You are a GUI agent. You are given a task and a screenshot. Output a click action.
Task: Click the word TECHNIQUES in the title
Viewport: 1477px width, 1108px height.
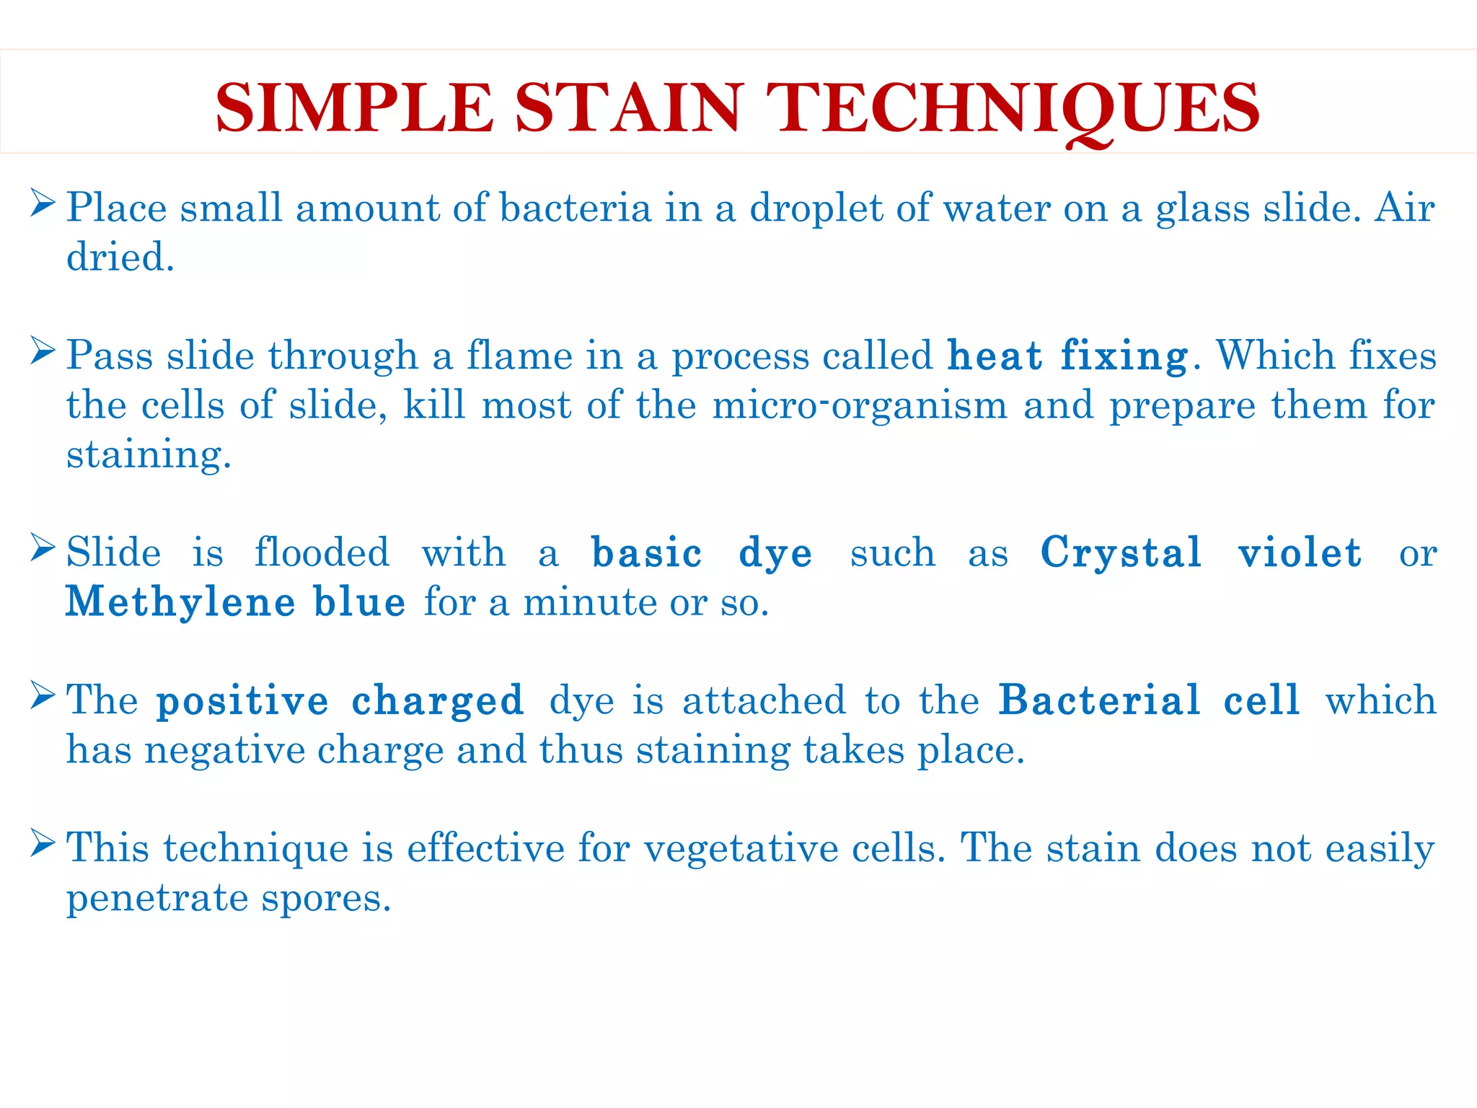point(1013,108)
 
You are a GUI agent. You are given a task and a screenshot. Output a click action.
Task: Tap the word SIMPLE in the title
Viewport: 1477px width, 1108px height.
point(354,108)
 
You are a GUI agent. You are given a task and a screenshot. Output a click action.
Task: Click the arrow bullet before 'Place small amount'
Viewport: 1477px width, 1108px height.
point(43,203)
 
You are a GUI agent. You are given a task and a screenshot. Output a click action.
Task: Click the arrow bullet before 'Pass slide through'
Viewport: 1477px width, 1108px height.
point(43,351)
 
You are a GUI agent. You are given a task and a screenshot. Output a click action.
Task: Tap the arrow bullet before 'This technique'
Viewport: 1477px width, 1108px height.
point(43,843)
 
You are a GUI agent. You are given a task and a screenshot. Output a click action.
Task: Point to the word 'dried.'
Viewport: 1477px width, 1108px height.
point(120,258)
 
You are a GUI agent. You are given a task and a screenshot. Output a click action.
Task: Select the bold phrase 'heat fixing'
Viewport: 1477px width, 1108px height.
point(1067,356)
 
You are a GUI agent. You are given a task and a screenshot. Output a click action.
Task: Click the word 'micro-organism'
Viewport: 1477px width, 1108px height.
point(860,405)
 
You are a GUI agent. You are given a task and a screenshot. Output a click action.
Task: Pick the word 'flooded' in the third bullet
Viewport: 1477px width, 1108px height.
point(322,553)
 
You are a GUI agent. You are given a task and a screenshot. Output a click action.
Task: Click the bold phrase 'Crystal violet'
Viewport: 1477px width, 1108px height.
point(1201,553)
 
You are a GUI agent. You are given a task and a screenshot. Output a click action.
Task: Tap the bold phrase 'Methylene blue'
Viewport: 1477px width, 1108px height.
point(236,602)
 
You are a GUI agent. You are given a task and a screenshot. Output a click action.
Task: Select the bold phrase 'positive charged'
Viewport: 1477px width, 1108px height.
point(340,702)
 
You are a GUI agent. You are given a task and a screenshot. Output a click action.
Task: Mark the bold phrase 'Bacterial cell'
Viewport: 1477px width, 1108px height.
point(1150,700)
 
